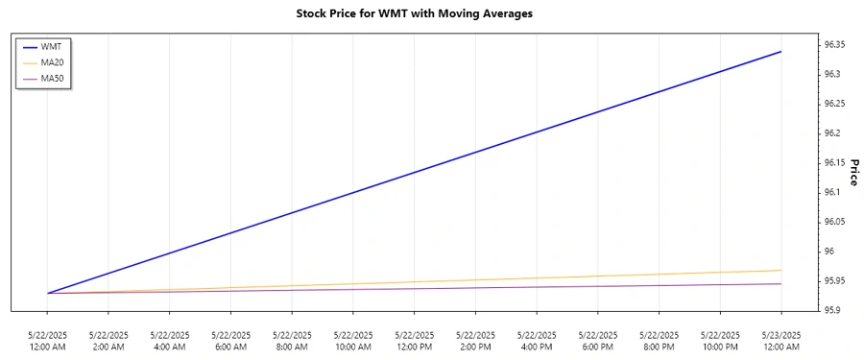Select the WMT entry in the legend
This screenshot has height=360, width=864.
(x=52, y=45)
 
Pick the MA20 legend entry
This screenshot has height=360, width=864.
(x=53, y=61)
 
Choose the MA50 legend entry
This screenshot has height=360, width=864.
(x=53, y=78)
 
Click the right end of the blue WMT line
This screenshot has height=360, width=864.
(x=780, y=51)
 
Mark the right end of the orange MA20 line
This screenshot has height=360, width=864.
(x=780, y=271)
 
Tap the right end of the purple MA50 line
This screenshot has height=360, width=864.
(x=780, y=283)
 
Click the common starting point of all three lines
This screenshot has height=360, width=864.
(x=47, y=293)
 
